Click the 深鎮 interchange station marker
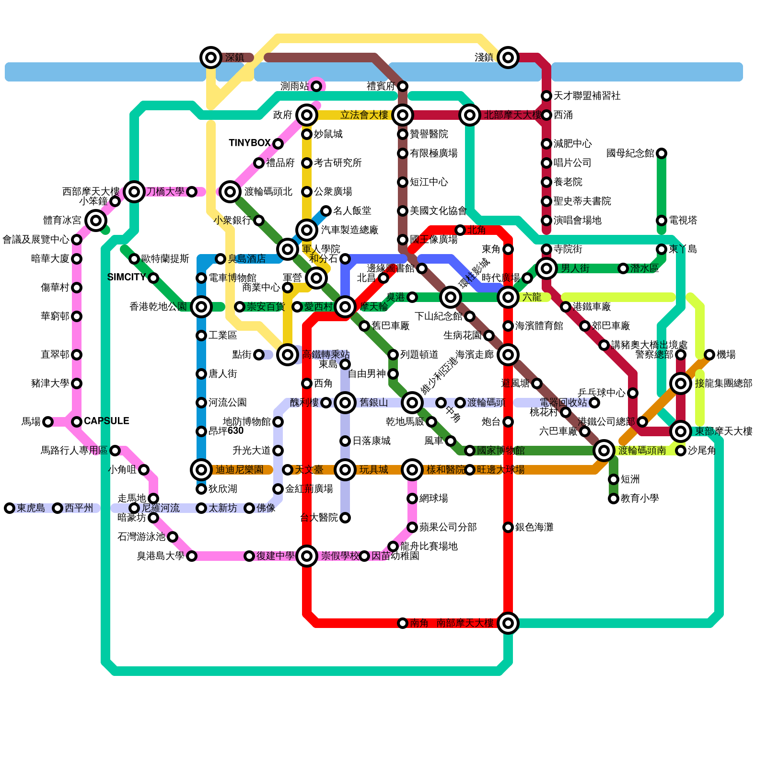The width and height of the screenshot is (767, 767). pyautogui.click(x=210, y=58)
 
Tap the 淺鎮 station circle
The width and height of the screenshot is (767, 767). pyautogui.click(x=508, y=58)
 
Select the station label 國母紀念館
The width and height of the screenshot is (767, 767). pyautogui.click(x=630, y=153)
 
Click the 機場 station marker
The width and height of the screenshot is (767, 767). pyautogui.click(x=709, y=355)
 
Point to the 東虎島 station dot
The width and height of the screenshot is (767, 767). pyautogui.click(x=10, y=508)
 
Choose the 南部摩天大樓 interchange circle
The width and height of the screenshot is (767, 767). pyautogui.click(x=508, y=623)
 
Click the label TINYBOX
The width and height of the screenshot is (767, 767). pyautogui.click(x=250, y=143)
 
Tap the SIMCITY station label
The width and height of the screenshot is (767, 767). pyautogui.click(x=127, y=278)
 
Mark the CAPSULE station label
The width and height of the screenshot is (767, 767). pyautogui.click(x=106, y=421)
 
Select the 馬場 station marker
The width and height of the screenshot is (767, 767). pyautogui.click(x=48, y=422)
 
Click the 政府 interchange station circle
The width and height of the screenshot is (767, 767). pyautogui.click(x=307, y=115)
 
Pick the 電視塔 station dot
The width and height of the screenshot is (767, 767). pyautogui.click(x=662, y=221)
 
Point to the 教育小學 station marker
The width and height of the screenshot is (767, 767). pyautogui.click(x=614, y=499)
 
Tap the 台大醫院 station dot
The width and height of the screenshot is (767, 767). pyautogui.click(x=345, y=518)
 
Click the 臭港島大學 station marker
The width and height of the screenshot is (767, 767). pyautogui.click(x=192, y=556)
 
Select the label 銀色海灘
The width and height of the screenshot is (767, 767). pyautogui.click(x=534, y=527)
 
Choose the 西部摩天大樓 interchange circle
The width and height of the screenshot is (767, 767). pyautogui.click(x=134, y=192)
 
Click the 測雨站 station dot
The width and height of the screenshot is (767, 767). pyautogui.click(x=316, y=86)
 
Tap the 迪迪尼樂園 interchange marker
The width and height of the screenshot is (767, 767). pyautogui.click(x=201, y=470)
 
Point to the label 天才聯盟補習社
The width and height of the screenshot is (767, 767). pyautogui.click(x=587, y=96)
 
